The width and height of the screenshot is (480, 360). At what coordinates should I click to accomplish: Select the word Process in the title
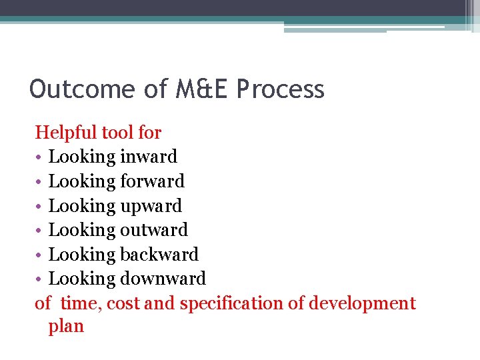click(x=281, y=89)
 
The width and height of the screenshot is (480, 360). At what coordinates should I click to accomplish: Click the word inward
click(x=149, y=157)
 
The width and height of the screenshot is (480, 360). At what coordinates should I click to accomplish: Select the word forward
click(x=153, y=181)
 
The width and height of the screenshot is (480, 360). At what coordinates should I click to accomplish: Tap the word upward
click(x=151, y=206)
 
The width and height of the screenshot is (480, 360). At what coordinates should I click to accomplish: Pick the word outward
click(x=155, y=230)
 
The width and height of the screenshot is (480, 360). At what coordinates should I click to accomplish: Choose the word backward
click(x=159, y=255)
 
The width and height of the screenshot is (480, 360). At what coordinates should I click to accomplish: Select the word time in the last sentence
click(x=79, y=303)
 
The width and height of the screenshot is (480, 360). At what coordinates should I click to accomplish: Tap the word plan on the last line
click(x=66, y=327)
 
